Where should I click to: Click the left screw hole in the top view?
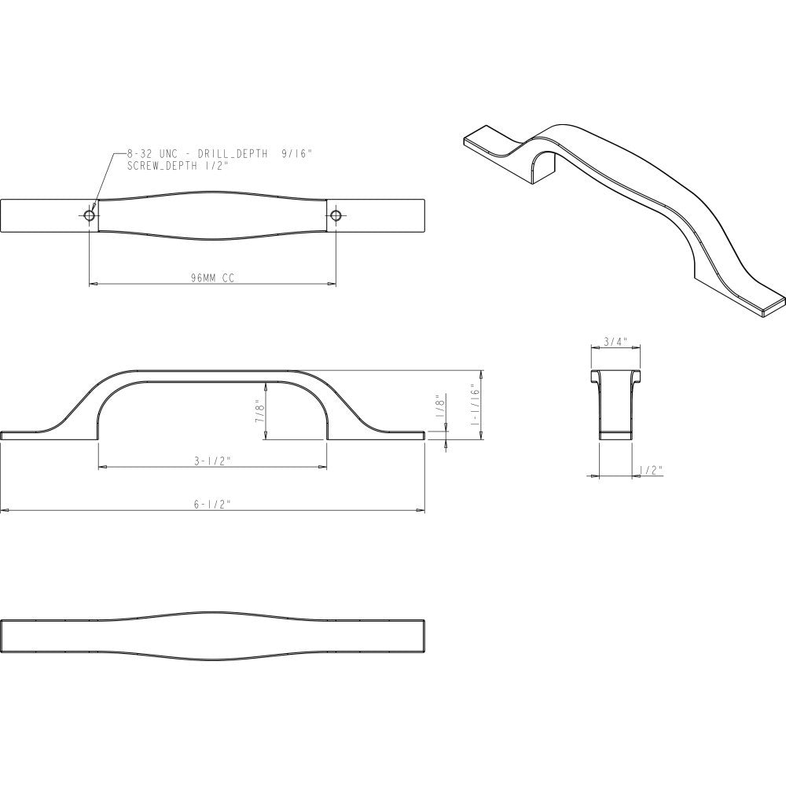[x=90, y=215]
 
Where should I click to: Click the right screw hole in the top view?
[x=336, y=215]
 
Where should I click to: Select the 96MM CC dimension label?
[x=212, y=277]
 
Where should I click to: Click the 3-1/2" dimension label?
[x=212, y=462]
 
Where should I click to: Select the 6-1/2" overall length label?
[x=212, y=505]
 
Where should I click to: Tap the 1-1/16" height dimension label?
[x=475, y=405]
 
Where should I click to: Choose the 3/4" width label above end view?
[x=614, y=341]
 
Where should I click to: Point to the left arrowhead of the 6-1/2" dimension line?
[x=4, y=511]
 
